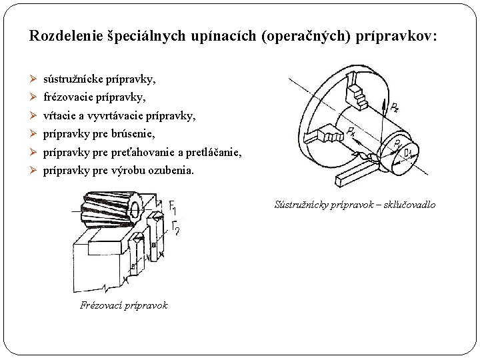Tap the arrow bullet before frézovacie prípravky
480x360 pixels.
coord(34,97)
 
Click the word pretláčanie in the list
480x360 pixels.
coord(214,153)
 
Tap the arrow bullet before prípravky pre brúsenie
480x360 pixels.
coord(34,134)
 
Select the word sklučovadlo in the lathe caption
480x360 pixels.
coord(407,205)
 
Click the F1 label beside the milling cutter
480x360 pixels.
coord(173,205)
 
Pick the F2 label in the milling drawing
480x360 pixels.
coord(175,228)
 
